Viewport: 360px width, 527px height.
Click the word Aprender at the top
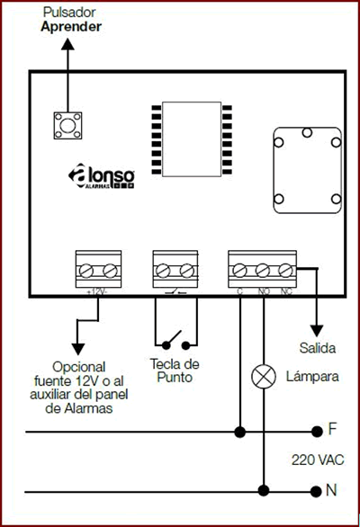click(x=71, y=27)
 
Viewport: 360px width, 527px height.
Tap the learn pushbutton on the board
click(x=67, y=125)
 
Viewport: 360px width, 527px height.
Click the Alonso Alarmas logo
click(x=102, y=176)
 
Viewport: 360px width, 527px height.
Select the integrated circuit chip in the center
click(x=192, y=139)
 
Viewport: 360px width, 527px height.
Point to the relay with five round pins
click(x=308, y=170)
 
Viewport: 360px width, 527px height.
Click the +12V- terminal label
click(x=97, y=291)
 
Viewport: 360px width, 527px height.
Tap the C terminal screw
click(x=239, y=270)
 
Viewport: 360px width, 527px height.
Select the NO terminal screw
click(x=263, y=270)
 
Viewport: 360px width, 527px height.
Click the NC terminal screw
click(x=285, y=270)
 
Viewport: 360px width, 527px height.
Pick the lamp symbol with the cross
click(x=264, y=377)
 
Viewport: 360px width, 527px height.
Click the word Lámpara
click(x=312, y=377)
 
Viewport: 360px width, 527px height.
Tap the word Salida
click(x=318, y=348)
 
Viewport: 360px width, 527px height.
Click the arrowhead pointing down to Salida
click(x=317, y=331)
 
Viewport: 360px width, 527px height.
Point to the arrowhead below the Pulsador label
click(x=67, y=44)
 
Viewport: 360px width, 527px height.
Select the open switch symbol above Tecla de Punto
click(x=176, y=340)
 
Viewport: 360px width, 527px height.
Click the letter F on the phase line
click(x=332, y=429)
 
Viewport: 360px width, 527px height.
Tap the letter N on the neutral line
click(x=331, y=490)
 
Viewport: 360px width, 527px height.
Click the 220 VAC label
click(x=318, y=460)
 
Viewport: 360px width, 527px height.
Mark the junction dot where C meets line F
click(x=240, y=432)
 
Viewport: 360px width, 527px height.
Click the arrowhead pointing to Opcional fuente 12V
click(x=78, y=350)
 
